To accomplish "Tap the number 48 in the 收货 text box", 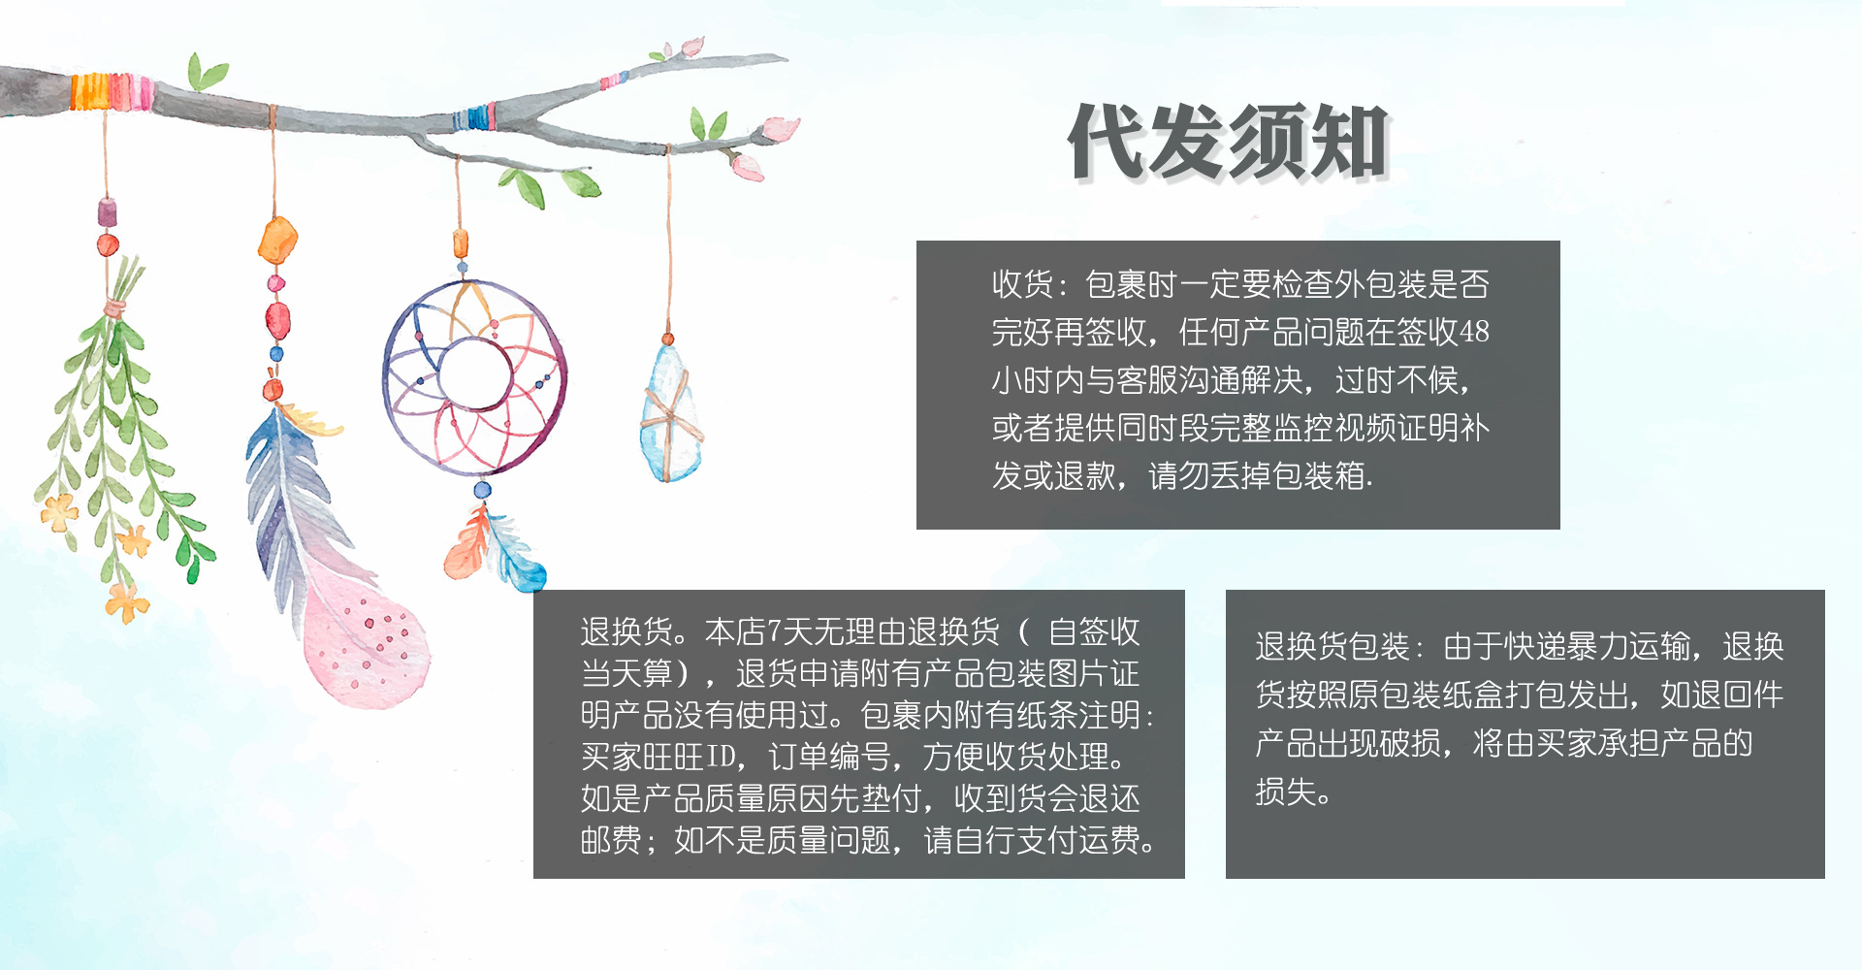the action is pyautogui.click(x=1474, y=332).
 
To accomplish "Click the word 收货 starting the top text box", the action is pyautogui.click(x=1022, y=284).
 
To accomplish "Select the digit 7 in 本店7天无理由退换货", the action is pyautogui.click(x=775, y=632).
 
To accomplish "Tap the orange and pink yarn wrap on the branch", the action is pyautogui.click(x=111, y=92).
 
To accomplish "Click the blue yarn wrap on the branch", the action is pyautogui.click(x=474, y=117).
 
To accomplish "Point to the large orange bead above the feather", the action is pyautogui.click(x=277, y=240).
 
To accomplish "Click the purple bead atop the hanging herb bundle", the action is pyautogui.click(x=107, y=212).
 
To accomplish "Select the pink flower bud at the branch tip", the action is pyautogui.click(x=781, y=128).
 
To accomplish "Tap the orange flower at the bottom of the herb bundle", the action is pyautogui.click(x=127, y=602).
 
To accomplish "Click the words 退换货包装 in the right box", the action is pyautogui.click(x=1332, y=646).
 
